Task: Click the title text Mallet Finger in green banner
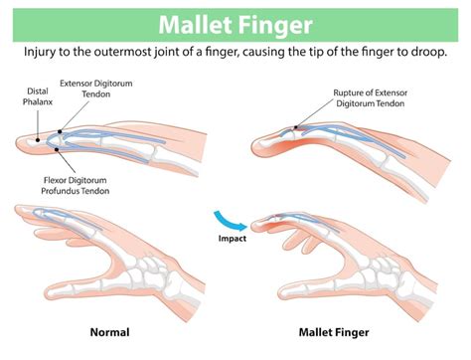point(235,21)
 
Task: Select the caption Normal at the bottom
point(109,331)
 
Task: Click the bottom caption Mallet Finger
point(335,331)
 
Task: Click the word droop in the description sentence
point(430,51)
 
